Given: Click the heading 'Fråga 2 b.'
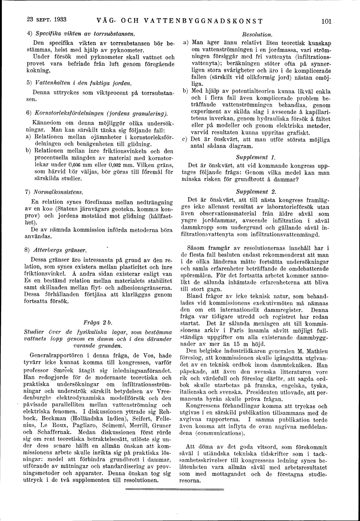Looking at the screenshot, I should (x=97, y=321).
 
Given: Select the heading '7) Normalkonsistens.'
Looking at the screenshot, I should (x=54, y=192).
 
